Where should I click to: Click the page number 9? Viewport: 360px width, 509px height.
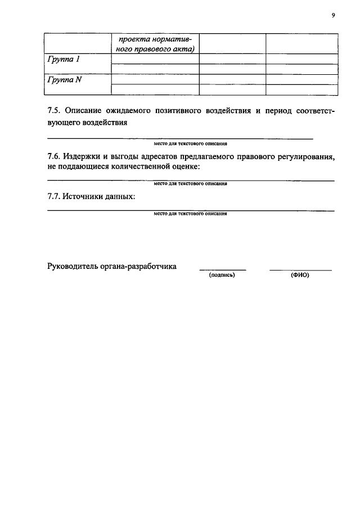[x=333, y=16]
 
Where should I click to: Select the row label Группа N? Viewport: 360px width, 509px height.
[x=63, y=80]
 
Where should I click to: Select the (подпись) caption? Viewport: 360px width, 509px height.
[x=222, y=276]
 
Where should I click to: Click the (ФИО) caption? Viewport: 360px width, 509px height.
[x=300, y=276]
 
